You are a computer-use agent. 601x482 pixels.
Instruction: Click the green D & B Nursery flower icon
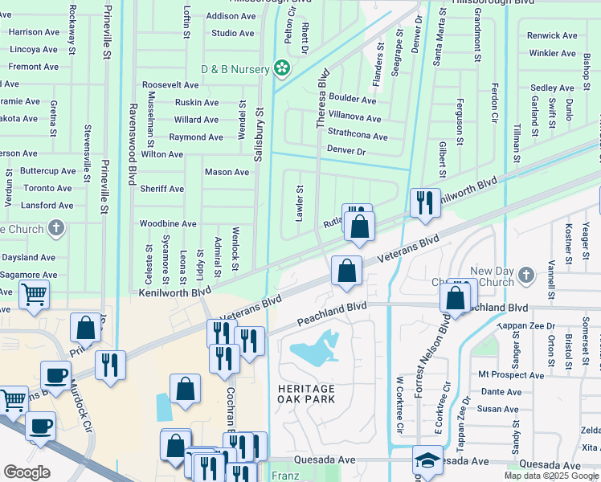[281, 69]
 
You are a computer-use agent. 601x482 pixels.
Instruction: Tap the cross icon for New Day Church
[526, 276]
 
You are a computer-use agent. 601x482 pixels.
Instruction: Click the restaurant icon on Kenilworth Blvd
[423, 202]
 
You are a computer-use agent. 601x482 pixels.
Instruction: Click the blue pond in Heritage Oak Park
[313, 349]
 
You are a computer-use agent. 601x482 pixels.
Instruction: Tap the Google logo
[27, 472]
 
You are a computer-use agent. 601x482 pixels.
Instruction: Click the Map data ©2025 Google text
[551, 476]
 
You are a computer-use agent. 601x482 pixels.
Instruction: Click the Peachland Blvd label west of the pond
[332, 312]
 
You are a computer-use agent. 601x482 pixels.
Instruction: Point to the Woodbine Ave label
[168, 224]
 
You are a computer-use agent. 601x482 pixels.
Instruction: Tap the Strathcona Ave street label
[358, 133]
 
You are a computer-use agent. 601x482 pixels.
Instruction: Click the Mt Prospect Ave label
[510, 375]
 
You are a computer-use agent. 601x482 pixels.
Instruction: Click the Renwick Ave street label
[552, 35]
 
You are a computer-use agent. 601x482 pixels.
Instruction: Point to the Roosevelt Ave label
[170, 85]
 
